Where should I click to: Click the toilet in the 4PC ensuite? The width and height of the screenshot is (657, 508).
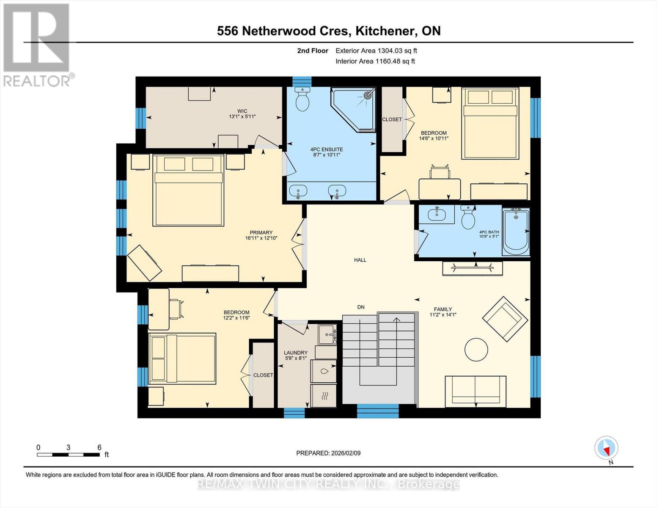[302, 99]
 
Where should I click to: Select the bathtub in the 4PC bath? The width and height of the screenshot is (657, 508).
[515, 232]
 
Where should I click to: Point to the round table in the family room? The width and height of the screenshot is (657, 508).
[476, 350]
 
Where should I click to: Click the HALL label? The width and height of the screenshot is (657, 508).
[360, 260]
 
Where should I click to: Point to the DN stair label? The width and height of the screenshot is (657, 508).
[360, 307]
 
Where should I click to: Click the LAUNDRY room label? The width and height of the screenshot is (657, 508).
[295, 353]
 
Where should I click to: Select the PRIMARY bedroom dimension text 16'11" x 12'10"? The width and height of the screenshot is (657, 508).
[261, 238]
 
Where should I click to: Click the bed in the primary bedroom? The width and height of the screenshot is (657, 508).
[188, 190]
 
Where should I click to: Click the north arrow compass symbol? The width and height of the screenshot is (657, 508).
[606, 448]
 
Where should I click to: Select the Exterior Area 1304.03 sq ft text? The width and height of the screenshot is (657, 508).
[376, 50]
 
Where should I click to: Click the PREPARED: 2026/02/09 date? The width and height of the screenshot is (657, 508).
[328, 453]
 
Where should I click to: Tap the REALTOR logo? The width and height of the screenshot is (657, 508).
[37, 44]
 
